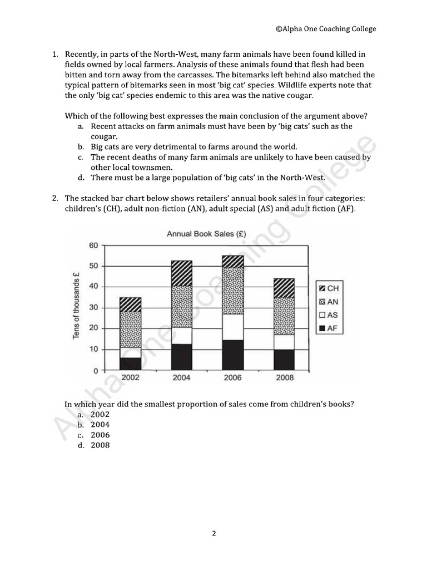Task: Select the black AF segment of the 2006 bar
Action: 232,355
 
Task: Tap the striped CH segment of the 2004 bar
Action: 181,273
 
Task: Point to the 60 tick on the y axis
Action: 93,245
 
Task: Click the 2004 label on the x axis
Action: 181,377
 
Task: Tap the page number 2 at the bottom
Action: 213,533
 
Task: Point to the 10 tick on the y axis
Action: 94,350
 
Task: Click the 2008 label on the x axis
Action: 284,377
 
